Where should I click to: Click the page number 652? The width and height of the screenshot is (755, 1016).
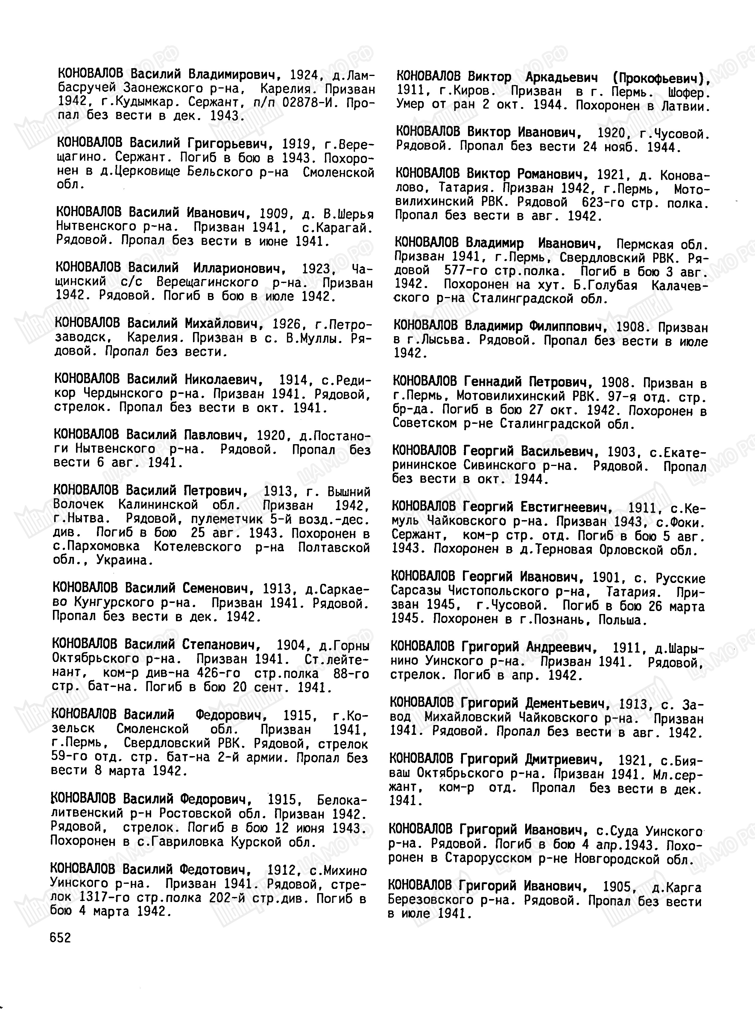(x=61, y=938)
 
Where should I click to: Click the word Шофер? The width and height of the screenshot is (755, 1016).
(x=689, y=93)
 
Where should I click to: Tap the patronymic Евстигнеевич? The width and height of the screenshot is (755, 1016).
(x=566, y=507)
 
